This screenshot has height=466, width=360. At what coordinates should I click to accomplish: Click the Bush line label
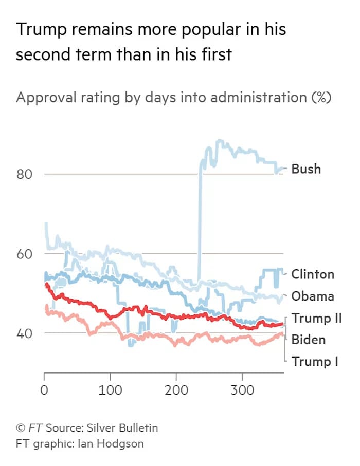[x=306, y=169]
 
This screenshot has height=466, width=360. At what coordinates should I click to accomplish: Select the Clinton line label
[x=313, y=274]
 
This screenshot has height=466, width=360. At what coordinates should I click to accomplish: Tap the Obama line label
[x=313, y=296]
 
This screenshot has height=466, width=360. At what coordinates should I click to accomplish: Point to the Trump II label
[x=317, y=319]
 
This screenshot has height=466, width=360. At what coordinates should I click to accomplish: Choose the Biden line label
[x=309, y=340]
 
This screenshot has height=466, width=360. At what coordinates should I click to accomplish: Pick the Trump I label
[x=315, y=362]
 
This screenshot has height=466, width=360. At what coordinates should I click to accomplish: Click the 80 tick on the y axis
[x=25, y=174]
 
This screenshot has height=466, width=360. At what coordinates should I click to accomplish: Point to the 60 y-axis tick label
[x=25, y=254]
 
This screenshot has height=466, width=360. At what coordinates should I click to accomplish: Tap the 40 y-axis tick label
[x=25, y=333]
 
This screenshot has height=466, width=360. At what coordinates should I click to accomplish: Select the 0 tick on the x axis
[x=45, y=390]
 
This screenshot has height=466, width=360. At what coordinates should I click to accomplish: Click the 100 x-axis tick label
[x=110, y=390]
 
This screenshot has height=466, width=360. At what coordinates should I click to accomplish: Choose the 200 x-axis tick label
[x=176, y=390]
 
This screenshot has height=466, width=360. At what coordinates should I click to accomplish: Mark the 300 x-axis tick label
[x=242, y=390]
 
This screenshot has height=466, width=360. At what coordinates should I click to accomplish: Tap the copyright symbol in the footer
[x=21, y=427]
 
